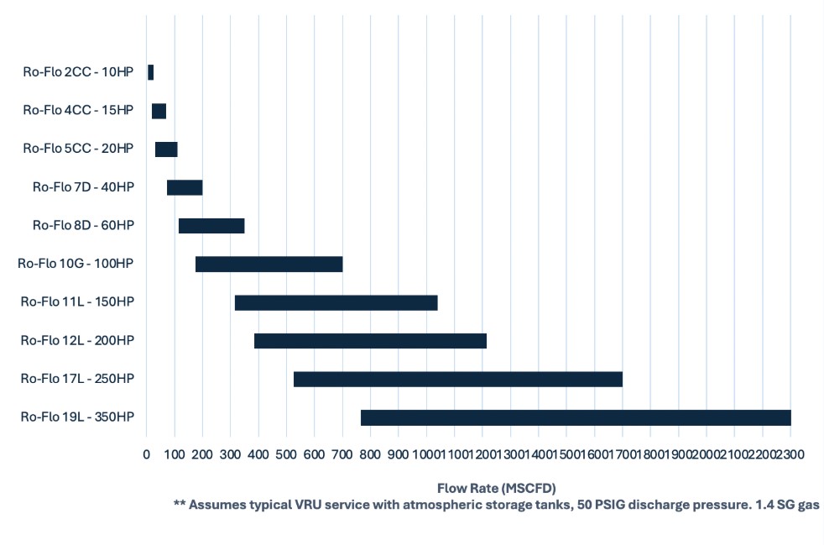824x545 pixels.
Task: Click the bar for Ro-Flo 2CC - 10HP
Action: [x=150, y=72]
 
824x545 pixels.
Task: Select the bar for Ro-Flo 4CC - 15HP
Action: [x=159, y=111]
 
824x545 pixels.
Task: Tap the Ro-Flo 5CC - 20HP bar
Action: [x=166, y=149]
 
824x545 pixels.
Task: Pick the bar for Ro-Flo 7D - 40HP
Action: [x=185, y=187]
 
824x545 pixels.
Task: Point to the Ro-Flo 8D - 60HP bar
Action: [x=211, y=226]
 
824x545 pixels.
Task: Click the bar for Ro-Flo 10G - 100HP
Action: [x=269, y=264]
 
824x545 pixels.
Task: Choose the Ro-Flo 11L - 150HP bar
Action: [x=336, y=302]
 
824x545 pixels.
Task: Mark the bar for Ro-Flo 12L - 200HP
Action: [x=370, y=341]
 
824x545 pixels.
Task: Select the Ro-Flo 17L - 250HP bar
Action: [x=457, y=379]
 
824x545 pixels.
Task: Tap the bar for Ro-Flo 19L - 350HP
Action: [x=576, y=417]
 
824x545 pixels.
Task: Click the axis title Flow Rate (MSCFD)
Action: [x=497, y=487]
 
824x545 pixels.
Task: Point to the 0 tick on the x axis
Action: [x=147, y=454]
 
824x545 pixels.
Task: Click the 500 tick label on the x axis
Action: [x=286, y=454]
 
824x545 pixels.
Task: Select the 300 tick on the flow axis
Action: [x=231, y=454]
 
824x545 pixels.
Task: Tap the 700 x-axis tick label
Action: [x=342, y=454]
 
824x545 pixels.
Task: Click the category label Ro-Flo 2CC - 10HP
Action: [x=78, y=72]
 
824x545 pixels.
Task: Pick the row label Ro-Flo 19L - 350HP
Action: [x=77, y=417]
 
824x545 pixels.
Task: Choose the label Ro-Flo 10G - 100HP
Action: [x=76, y=264]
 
